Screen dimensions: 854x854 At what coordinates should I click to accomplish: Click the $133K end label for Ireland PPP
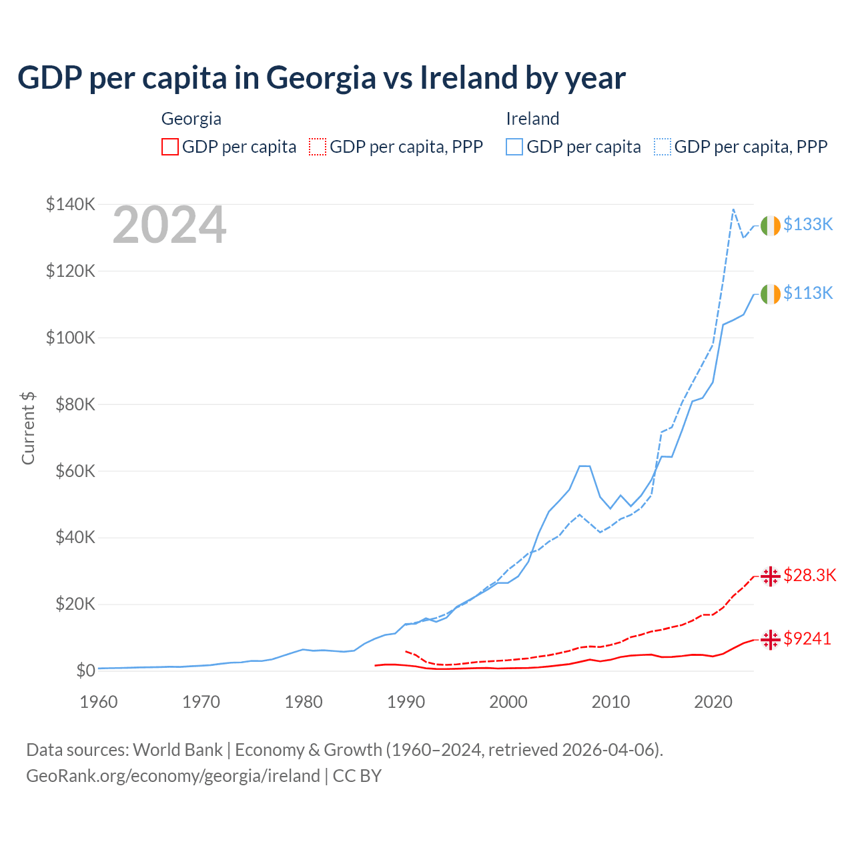(x=808, y=224)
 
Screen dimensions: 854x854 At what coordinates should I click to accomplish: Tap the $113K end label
(x=808, y=293)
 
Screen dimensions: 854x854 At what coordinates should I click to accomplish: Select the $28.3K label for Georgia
(x=809, y=575)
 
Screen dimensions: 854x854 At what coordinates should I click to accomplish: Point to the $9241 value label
(x=807, y=638)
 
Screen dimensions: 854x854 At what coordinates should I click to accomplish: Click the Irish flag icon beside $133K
(x=770, y=226)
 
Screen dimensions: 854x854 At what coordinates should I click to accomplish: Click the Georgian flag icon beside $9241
(x=770, y=639)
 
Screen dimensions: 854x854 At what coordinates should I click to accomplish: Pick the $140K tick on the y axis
(x=71, y=204)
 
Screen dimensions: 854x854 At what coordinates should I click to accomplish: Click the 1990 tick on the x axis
(x=406, y=702)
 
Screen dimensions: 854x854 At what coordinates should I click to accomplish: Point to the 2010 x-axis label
(x=610, y=702)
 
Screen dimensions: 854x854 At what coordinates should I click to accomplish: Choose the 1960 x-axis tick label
(x=99, y=702)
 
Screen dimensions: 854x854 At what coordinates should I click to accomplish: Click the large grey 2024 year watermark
(x=169, y=226)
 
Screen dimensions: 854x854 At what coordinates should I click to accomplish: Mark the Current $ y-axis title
(x=28, y=428)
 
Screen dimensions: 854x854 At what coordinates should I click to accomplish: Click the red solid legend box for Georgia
(x=170, y=147)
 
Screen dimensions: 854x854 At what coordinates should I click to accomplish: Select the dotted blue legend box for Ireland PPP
(x=663, y=147)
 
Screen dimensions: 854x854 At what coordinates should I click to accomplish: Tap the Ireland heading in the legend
(x=532, y=119)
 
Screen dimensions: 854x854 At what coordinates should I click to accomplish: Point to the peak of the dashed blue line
(x=733, y=209)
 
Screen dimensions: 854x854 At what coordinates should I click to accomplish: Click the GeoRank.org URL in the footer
(x=173, y=776)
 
